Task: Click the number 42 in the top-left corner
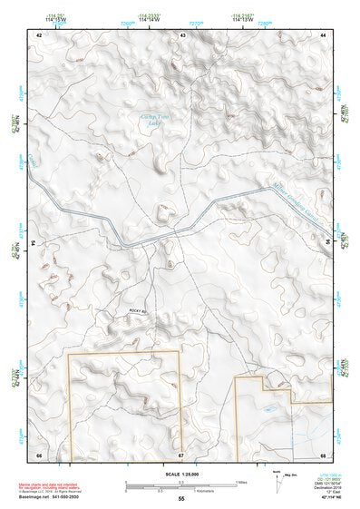tap(39, 34)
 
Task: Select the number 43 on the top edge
tap(182, 34)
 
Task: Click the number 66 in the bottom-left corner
tap(39, 454)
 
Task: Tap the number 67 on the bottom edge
tap(180, 454)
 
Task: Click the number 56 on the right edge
tap(327, 243)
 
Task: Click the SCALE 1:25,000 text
tap(180, 474)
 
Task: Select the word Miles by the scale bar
tap(241, 482)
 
